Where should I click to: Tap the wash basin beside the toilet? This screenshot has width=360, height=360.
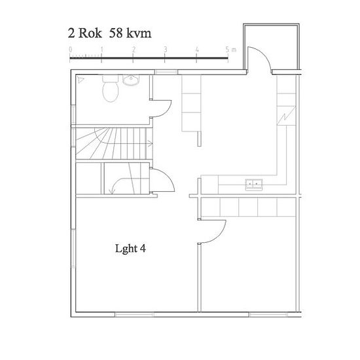click(x=131, y=80)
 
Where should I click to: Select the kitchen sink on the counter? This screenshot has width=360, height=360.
click(x=254, y=185)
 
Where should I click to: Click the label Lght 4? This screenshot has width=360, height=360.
click(x=130, y=249)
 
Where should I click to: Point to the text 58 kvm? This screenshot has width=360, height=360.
click(x=130, y=33)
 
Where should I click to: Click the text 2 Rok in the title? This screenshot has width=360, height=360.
click(x=84, y=33)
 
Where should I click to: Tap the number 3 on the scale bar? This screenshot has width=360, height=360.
click(x=165, y=49)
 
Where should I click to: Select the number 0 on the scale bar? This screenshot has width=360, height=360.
click(x=71, y=49)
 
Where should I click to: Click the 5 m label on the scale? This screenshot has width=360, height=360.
click(x=230, y=49)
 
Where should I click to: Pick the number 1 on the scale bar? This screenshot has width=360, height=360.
click(x=101, y=49)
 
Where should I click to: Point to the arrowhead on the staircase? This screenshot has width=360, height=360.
click(x=150, y=144)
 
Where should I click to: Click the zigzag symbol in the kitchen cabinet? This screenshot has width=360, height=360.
click(x=286, y=117)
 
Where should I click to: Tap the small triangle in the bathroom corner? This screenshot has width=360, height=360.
click(x=81, y=80)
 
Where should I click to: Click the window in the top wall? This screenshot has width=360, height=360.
click(x=166, y=72)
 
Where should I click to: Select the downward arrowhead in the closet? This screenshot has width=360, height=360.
click(x=113, y=191)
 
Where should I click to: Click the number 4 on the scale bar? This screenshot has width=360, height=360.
click(x=197, y=49)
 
